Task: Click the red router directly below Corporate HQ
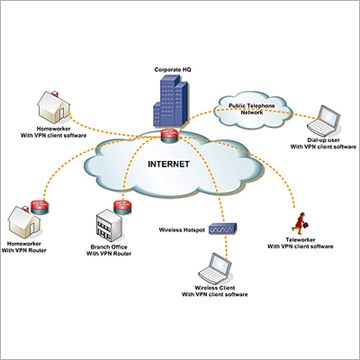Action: [x=170, y=136]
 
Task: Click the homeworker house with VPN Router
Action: [x=22, y=220]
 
